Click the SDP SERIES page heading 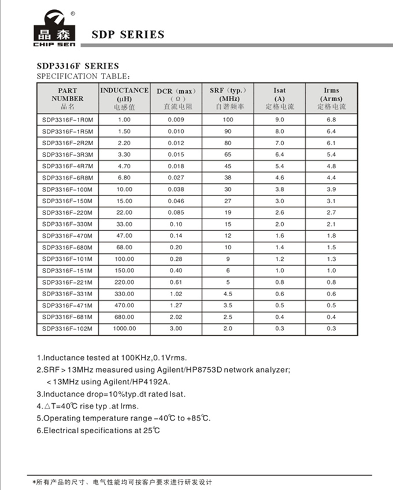click(128, 35)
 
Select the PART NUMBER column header click(68, 98)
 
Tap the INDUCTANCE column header click(124, 98)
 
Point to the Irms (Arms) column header click(331, 98)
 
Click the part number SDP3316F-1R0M click(68, 120)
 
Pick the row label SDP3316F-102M click(68, 329)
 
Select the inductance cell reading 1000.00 click(124, 329)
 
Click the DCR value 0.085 click(176, 213)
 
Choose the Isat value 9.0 click(279, 120)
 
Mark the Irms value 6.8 click(331, 120)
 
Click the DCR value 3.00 click(176, 329)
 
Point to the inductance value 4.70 click(124, 166)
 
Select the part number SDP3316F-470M click(68, 236)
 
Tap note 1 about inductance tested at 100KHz click(112, 358)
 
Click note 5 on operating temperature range click(123, 418)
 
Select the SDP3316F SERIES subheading click(77, 66)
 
